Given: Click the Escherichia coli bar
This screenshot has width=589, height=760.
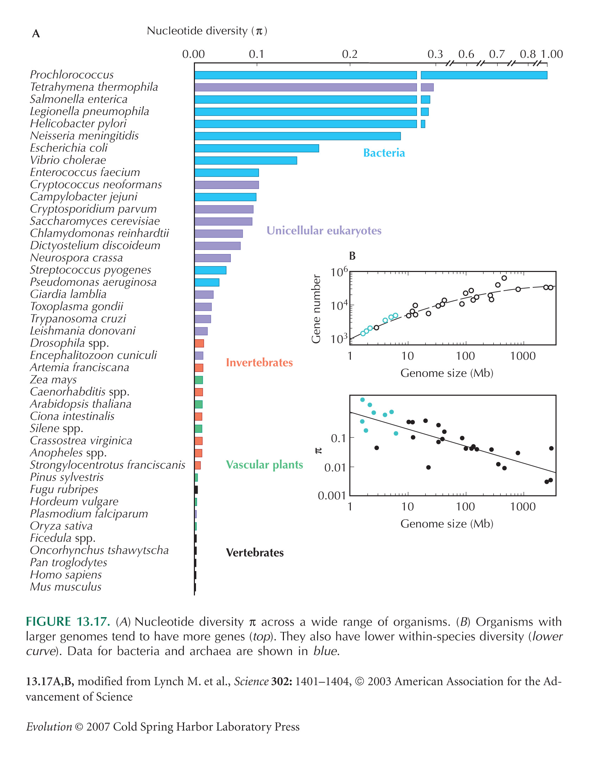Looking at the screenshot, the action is (x=257, y=148).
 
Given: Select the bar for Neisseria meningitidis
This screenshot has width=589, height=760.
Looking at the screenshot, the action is (x=298, y=136).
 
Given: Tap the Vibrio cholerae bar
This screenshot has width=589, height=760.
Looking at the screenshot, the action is (x=246, y=160).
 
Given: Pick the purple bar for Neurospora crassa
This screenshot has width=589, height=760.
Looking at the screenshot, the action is (x=213, y=258).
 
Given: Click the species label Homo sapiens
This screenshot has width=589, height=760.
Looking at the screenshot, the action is (x=66, y=575).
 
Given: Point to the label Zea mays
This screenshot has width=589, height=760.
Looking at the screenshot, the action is (x=53, y=380).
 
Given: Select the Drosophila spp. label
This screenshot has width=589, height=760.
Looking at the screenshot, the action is (x=69, y=343).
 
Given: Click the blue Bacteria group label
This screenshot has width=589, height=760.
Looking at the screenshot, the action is (x=384, y=153).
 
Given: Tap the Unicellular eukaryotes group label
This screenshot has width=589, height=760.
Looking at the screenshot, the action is (x=324, y=230).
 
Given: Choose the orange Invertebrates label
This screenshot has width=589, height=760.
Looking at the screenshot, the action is (x=259, y=362).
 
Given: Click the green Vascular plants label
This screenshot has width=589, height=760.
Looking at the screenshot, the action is (x=264, y=465).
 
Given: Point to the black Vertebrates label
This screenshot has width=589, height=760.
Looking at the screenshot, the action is (x=255, y=552).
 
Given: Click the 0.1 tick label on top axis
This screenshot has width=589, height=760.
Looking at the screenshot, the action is (x=256, y=54).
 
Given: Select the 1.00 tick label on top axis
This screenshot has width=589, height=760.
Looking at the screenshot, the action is (x=552, y=54).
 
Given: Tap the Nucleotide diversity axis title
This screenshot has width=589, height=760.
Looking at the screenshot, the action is (x=207, y=31).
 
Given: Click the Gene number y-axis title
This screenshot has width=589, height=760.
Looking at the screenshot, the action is (x=316, y=309).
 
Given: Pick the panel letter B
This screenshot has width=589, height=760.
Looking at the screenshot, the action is (x=352, y=256).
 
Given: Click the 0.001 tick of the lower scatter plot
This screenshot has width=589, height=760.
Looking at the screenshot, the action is (x=331, y=496).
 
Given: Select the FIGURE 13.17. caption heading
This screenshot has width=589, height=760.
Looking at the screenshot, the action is (x=68, y=622).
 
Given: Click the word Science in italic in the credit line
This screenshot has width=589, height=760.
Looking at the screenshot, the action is (x=251, y=682).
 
